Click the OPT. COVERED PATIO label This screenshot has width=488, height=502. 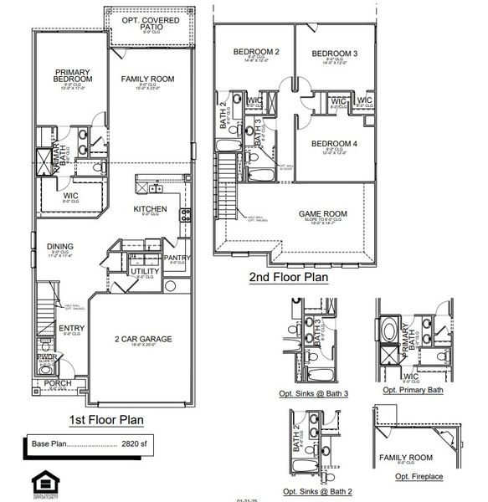149,23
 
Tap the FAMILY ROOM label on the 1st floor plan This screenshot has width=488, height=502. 146,79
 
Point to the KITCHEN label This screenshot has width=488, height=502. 150,209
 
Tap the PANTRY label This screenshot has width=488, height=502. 177,258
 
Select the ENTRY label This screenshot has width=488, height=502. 71,328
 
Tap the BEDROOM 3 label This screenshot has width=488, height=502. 335,54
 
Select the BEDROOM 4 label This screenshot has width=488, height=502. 334,144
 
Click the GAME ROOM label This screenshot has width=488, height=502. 323,213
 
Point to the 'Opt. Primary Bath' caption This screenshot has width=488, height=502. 411,390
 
